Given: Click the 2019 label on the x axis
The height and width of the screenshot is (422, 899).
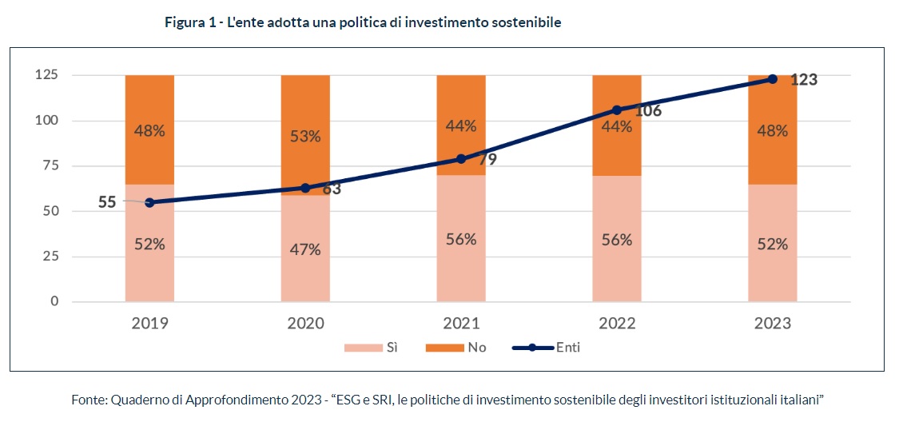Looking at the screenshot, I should click(x=149, y=323).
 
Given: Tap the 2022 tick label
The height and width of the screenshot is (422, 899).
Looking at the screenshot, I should click(x=617, y=323).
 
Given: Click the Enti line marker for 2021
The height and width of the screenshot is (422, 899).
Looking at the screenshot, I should click(x=461, y=158).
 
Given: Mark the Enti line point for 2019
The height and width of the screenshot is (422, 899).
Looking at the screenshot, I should click(x=149, y=202).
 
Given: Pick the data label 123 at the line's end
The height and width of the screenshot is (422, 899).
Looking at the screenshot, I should click(x=804, y=79).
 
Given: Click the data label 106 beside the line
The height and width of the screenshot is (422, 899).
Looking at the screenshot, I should click(x=648, y=111).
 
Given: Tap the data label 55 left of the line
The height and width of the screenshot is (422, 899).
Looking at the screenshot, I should click(x=107, y=202).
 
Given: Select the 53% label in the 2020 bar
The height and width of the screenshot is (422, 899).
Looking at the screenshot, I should click(x=305, y=137).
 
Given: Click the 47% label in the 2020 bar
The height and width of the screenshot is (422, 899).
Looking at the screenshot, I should click(x=305, y=249).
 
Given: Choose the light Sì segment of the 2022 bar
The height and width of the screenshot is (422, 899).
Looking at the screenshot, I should click(x=617, y=256).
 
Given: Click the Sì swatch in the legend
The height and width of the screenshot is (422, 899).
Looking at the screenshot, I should click(x=362, y=348).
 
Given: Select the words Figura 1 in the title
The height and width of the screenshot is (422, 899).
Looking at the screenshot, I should click(x=189, y=22).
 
